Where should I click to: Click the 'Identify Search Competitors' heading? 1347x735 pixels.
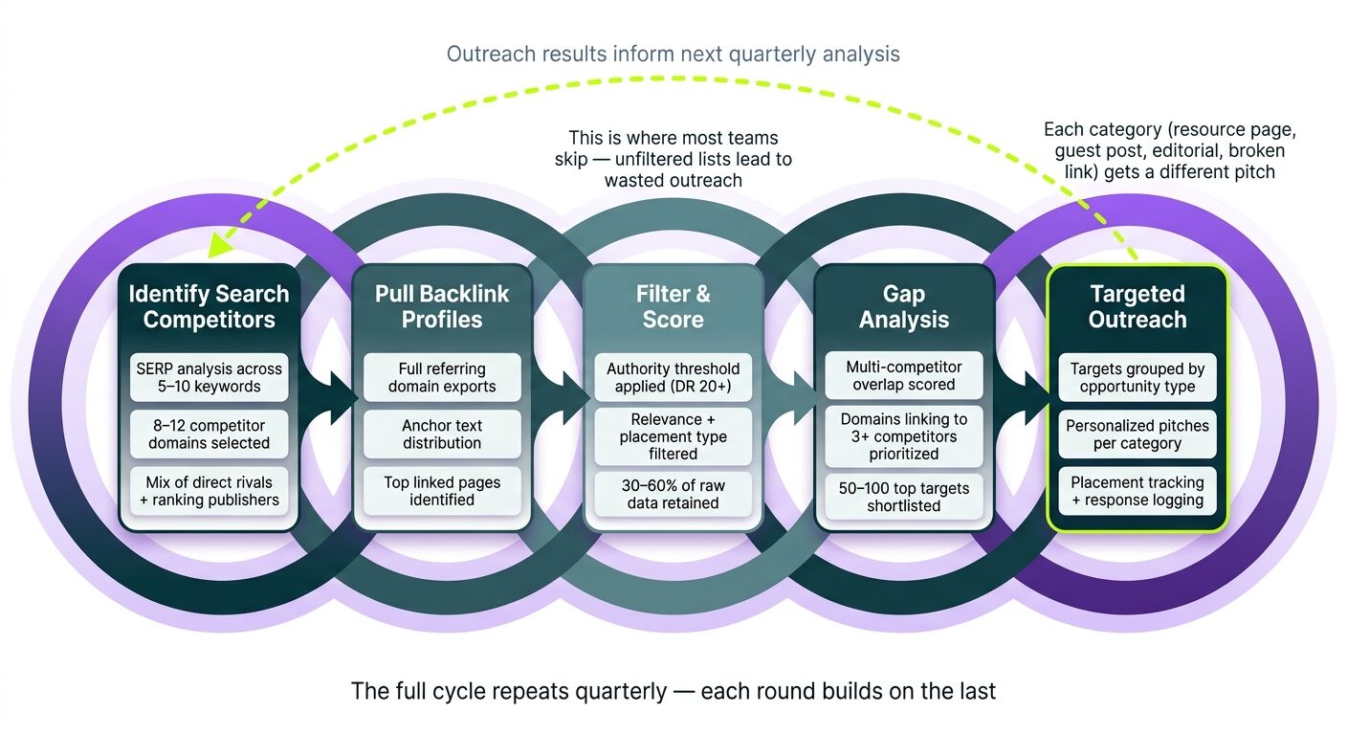pos(209,306)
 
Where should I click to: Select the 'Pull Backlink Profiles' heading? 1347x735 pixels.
pos(441,306)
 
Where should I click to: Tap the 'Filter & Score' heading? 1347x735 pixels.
pos(673,306)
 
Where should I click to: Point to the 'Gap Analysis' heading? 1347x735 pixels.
pos(904,306)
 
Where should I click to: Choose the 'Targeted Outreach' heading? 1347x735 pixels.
pos(1137,306)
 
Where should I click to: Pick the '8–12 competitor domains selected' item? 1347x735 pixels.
pos(209,434)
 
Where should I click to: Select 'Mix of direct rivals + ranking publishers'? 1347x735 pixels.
pos(209,490)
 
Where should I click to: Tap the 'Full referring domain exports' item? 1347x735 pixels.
pos(441,377)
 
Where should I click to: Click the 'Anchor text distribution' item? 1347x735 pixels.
pos(441,434)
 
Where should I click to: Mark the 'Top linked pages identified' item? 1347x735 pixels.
pos(441,490)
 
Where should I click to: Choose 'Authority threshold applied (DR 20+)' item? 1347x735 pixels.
pos(673,377)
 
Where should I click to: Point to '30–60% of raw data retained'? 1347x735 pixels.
pos(673,494)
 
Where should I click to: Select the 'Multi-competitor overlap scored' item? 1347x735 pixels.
pos(904,375)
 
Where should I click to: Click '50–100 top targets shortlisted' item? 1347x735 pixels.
pos(904,497)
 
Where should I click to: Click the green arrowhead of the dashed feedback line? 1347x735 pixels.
pos(222,246)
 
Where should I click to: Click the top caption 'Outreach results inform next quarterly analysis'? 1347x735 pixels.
pos(673,54)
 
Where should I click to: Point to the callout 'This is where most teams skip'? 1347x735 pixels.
pos(673,159)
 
